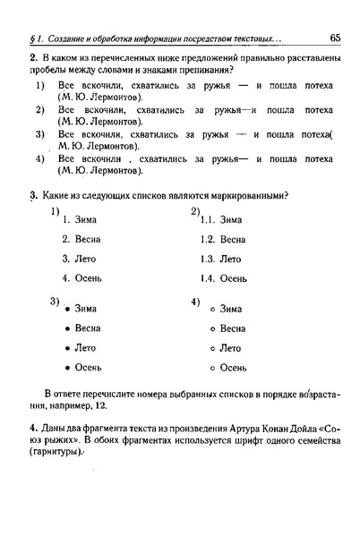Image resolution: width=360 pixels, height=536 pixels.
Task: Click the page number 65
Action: (x=335, y=38)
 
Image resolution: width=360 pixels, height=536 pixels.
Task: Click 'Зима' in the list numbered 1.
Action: (x=86, y=219)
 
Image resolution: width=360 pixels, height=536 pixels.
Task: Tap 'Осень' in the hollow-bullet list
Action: (x=233, y=368)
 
